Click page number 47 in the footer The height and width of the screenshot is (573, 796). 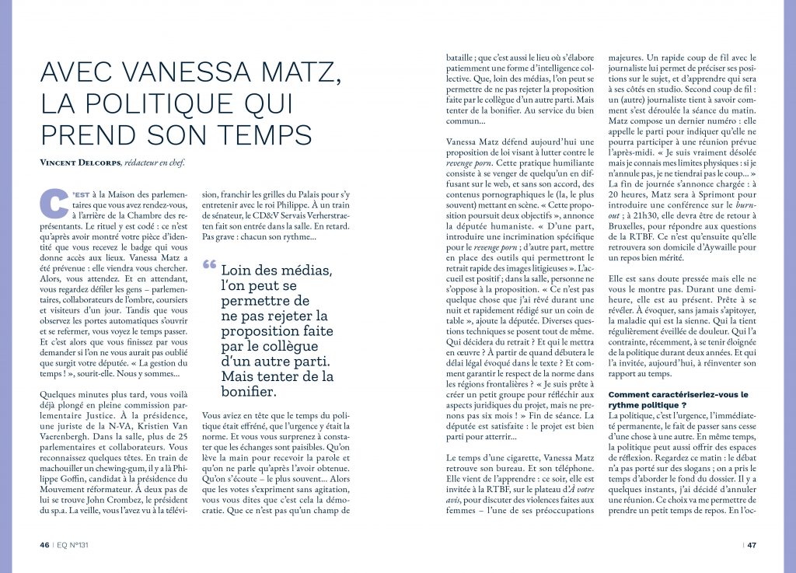click(752, 544)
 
